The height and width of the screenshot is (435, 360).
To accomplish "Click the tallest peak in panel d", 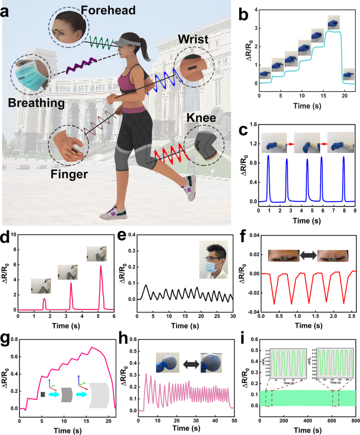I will click(100, 266).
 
